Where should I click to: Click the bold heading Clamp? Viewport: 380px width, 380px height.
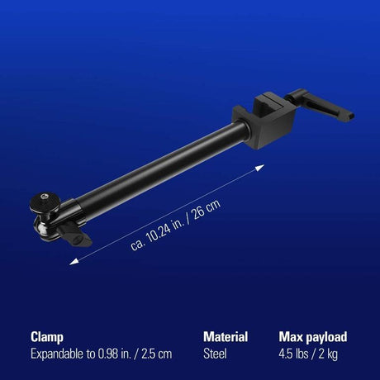(49, 337)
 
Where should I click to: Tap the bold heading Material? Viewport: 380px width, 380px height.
(226, 337)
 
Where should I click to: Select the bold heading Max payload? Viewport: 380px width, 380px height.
(313, 337)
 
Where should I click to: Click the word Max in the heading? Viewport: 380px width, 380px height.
(292, 337)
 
